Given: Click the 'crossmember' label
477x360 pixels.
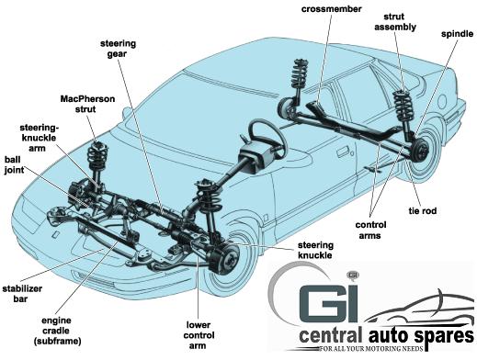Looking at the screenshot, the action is click(x=332, y=9).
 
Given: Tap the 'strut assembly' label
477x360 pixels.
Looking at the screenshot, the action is click(x=395, y=22).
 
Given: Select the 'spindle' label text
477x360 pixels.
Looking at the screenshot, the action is click(x=457, y=34).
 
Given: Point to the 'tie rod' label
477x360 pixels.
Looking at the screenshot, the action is click(x=423, y=211).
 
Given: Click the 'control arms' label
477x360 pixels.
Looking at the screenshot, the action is click(x=370, y=231).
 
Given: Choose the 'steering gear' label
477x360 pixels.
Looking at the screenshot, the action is click(x=118, y=49).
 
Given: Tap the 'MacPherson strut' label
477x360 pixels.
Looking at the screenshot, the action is click(x=87, y=104).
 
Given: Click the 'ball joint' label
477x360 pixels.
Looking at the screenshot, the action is click(x=14, y=164).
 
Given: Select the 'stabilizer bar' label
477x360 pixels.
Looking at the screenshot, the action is click(x=22, y=294).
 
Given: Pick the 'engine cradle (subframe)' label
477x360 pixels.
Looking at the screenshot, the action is click(x=58, y=331).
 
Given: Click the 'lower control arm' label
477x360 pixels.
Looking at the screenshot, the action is click(x=199, y=335).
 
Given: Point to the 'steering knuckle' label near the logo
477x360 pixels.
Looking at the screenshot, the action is click(x=315, y=250).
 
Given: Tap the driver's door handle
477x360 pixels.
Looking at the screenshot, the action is click(x=344, y=152).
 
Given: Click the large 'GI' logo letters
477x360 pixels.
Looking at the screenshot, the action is click(x=328, y=303).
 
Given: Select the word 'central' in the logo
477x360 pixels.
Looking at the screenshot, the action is click(x=329, y=335).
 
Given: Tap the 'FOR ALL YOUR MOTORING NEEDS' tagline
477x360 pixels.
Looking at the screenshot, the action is click(x=371, y=349).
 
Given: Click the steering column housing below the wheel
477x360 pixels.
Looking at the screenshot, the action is click(x=254, y=159).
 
